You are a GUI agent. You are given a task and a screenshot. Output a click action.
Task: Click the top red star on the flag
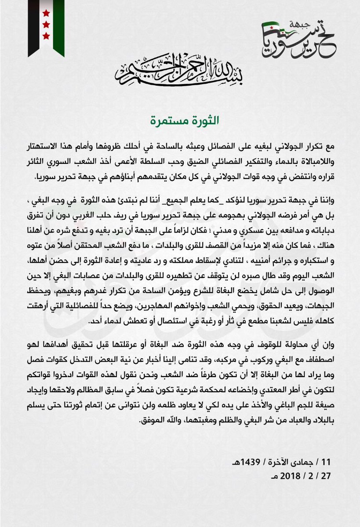coord(46,13)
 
